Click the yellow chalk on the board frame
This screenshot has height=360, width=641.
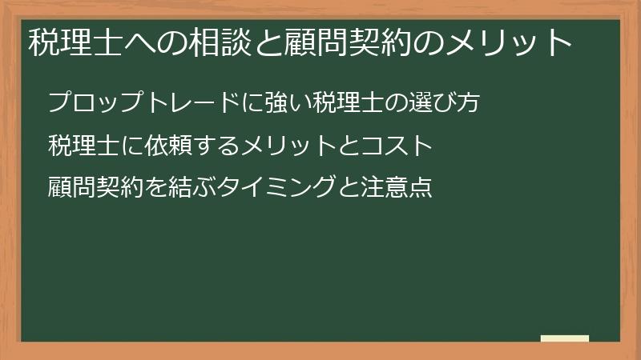tap(565, 338)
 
